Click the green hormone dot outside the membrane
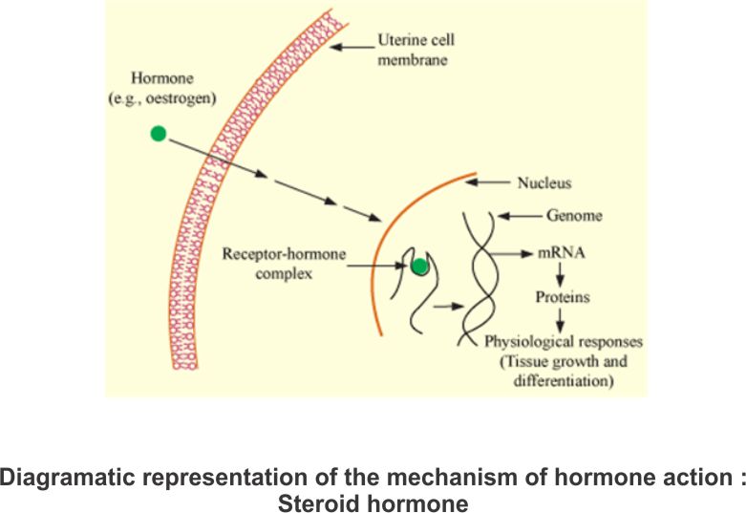[159, 134]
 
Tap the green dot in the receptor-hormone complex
[418, 267]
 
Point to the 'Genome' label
[574, 216]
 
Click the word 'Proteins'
[562, 297]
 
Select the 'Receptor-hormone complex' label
[282, 265]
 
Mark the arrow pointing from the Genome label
[520, 217]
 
